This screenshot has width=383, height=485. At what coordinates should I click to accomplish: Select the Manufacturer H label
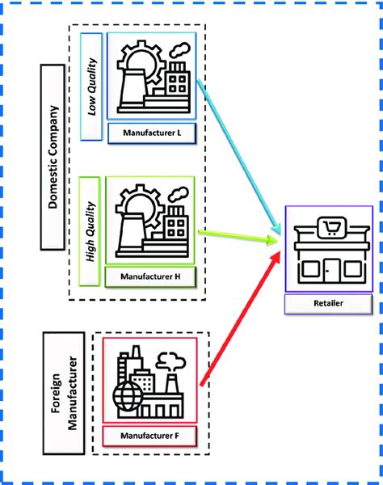[151, 276]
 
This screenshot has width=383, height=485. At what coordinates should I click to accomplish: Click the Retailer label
[328, 305]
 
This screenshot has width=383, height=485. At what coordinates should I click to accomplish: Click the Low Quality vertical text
[92, 87]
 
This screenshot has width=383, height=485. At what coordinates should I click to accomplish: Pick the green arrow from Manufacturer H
[234, 237]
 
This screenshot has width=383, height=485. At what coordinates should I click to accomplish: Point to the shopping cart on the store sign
[329, 230]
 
